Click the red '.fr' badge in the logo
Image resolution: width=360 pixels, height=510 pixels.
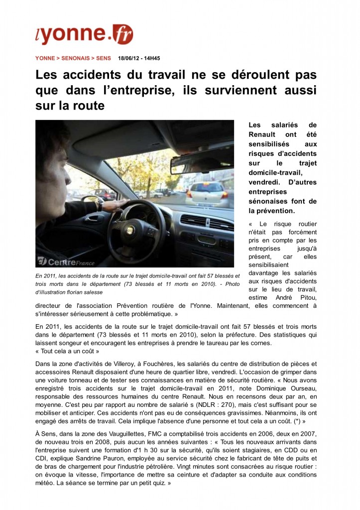tap(121, 34)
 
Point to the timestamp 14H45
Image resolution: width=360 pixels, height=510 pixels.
tap(151, 58)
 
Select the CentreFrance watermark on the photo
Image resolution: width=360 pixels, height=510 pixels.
tap(57, 260)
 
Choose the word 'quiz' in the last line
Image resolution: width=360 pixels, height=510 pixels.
tap(159, 483)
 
